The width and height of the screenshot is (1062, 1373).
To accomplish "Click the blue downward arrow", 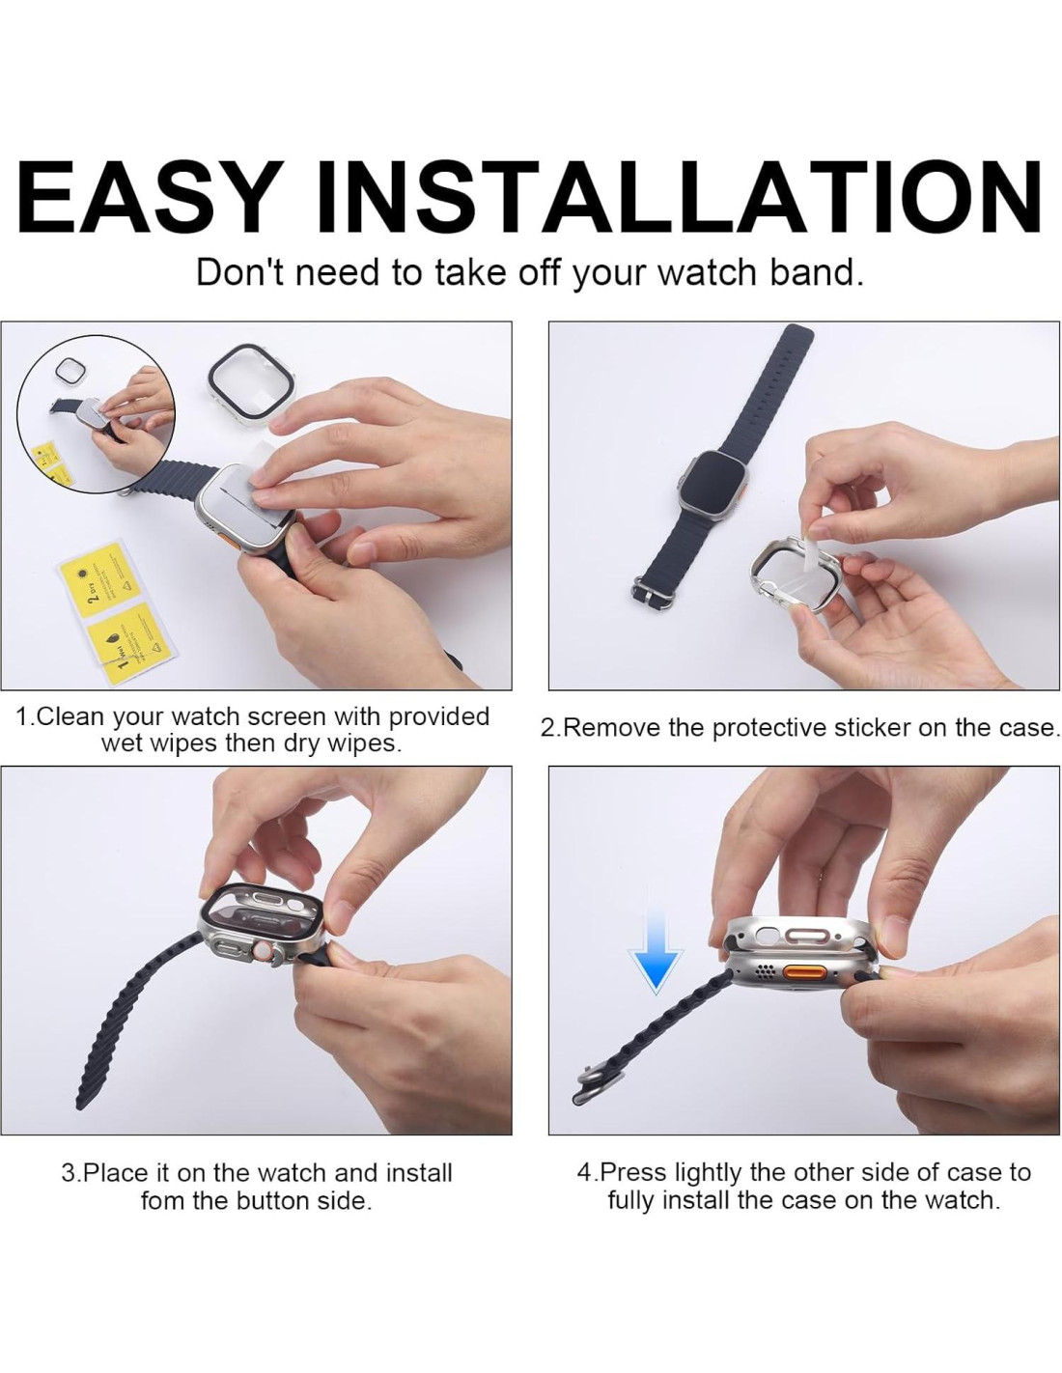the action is coord(657,948).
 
